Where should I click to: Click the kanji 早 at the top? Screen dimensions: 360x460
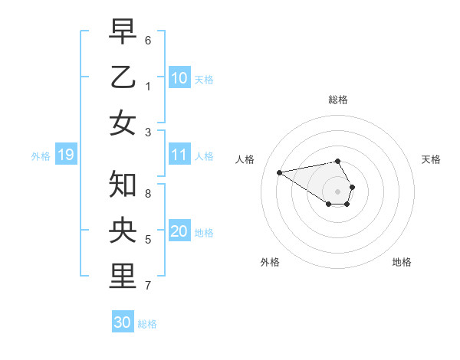123,31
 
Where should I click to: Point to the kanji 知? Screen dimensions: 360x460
123,185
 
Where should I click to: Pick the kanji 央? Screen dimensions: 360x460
123,230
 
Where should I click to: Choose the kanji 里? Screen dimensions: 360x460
123,277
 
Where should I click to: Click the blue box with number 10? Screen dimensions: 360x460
179,77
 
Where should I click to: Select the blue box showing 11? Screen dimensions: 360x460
179,155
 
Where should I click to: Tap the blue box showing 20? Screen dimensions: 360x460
179,231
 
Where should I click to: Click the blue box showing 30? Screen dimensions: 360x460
123,322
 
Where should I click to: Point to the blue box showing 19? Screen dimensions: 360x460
65,155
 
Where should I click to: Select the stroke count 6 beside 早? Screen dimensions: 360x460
148,40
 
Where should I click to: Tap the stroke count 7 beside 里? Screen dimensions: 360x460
148,286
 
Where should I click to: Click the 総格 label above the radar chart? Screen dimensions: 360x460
338,100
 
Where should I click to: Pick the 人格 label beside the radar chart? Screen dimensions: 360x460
245,159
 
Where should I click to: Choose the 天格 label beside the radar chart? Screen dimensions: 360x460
431,159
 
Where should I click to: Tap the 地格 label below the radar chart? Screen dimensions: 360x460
402,262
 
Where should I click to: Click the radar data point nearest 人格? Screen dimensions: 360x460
279,172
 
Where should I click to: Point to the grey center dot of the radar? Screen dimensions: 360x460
338,191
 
